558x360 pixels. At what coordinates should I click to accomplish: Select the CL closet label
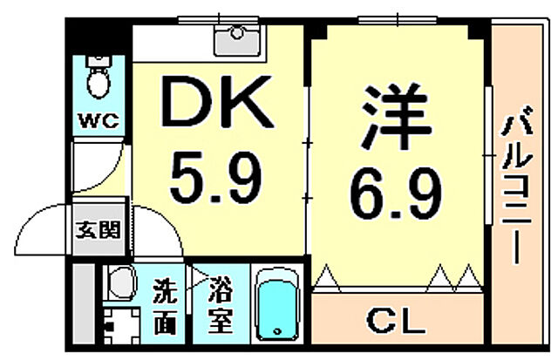[397, 322]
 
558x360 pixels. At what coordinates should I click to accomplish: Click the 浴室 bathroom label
[219, 306]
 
